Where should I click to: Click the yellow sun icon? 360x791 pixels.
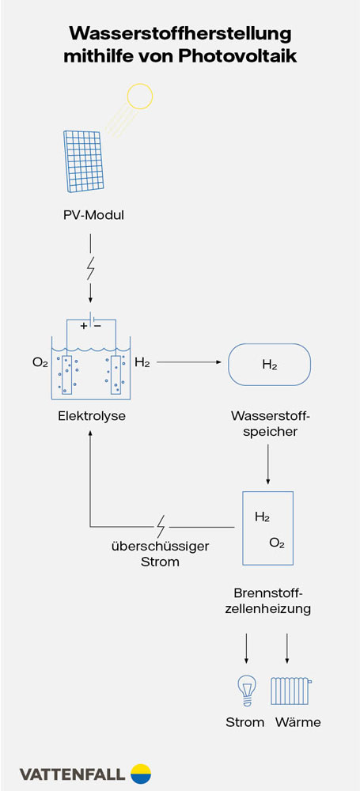coord(139,96)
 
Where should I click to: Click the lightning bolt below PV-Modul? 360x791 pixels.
coord(91,270)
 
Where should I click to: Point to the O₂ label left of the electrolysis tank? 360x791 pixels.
coord(40,363)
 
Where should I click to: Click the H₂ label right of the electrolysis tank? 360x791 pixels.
coord(142,363)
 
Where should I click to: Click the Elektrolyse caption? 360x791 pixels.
coord(91,414)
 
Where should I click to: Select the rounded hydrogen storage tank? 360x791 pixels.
coord(269,365)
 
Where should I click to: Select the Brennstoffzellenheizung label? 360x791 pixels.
coord(268,600)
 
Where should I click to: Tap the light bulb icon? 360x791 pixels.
coord(246,690)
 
